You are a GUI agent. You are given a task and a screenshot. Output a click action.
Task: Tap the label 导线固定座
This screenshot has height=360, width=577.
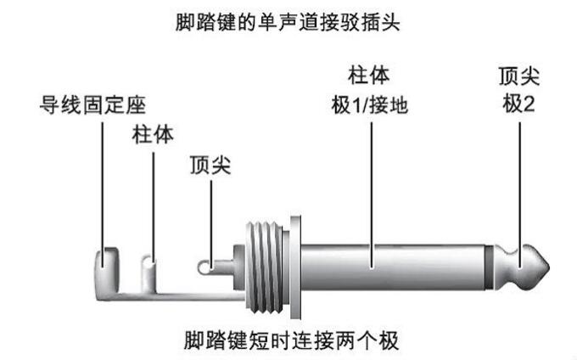94,107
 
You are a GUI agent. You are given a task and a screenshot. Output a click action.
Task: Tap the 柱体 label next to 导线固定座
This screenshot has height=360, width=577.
154,135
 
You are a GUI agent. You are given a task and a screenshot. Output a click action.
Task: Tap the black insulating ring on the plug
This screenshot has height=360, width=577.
496,266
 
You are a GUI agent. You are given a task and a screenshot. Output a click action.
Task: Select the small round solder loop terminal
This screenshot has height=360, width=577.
206,267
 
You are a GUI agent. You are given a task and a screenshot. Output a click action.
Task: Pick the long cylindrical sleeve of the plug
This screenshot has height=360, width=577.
390,266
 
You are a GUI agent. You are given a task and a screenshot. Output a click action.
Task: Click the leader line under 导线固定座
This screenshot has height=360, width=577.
103,187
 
